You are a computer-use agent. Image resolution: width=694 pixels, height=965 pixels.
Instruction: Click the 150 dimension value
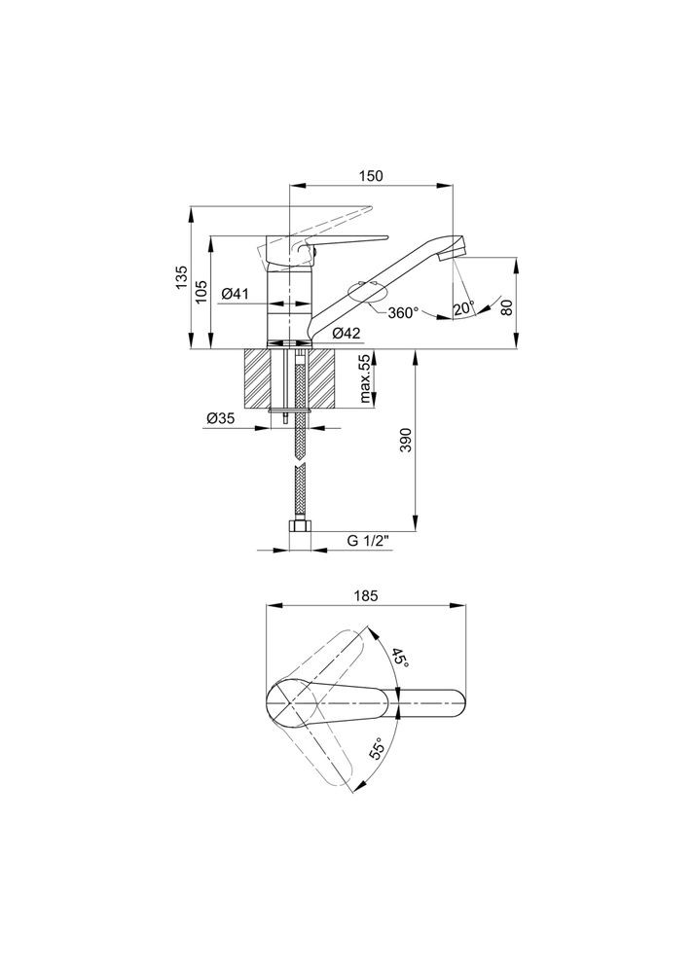click(371, 175)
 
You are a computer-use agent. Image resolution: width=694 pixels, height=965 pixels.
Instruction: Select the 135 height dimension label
click(180, 278)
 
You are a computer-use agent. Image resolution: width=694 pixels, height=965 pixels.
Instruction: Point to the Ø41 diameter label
click(234, 294)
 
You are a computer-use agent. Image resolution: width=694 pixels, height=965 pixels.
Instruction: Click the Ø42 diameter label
click(346, 334)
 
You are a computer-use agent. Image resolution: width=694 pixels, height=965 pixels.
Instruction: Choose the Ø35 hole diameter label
click(220, 418)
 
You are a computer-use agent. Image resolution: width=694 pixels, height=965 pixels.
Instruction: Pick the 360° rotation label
click(403, 312)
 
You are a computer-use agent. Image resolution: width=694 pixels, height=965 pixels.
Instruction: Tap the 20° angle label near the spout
click(464, 308)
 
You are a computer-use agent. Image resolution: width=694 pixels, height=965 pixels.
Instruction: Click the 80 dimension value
click(506, 307)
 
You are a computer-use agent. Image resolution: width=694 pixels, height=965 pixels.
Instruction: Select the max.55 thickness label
click(366, 379)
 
